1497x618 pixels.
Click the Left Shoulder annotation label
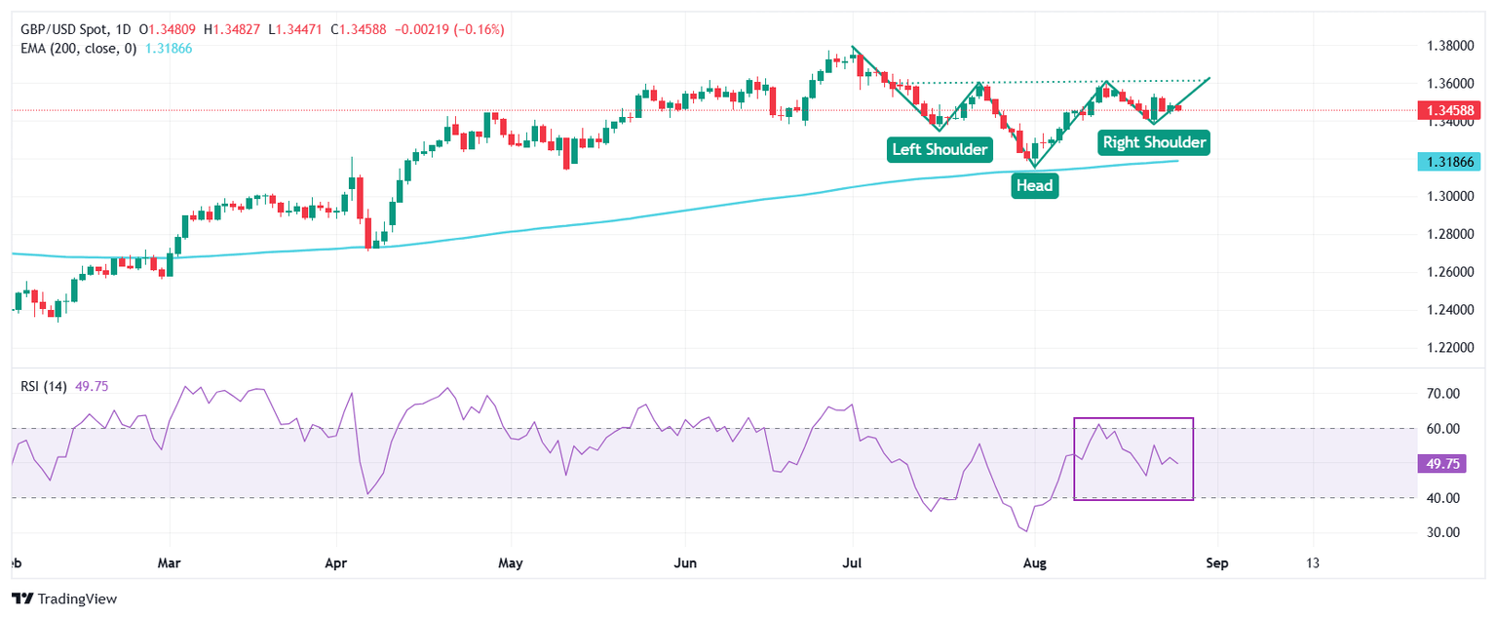pyautogui.click(x=940, y=150)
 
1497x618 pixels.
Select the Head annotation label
pyautogui.click(x=1034, y=186)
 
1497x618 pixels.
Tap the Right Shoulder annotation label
pyautogui.click(x=1154, y=142)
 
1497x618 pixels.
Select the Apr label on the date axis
pyautogui.click(x=336, y=563)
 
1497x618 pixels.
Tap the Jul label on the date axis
pyautogui.click(x=853, y=563)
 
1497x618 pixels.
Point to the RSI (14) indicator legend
pyautogui.click(x=44, y=386)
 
